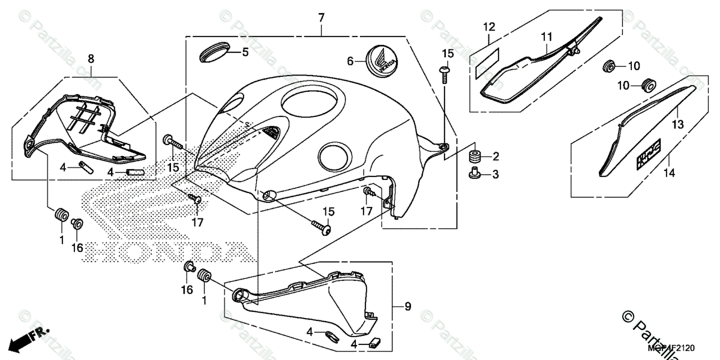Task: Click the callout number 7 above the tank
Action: pos(321,18)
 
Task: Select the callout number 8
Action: pos(91,58)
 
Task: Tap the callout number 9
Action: pos(407,307)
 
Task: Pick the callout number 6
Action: pos(350,61)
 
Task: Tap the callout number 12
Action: pos(489,26)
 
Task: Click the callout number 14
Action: pos(669,173)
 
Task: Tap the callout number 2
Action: pos(496,157)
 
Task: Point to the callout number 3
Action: pos(496,175)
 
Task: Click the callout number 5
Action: pos(245,52)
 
